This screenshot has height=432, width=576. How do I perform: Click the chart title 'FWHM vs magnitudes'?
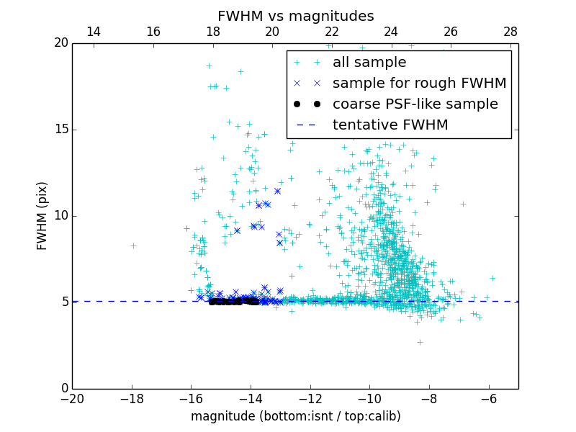(x=295, y=16)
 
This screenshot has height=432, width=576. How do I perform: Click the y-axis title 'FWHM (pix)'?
(x=42, y=215)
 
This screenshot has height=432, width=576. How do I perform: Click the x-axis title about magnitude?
(x=295, y=416)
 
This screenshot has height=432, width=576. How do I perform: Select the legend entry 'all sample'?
(x=369, y=63)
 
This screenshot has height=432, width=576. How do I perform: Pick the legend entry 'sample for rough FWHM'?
(x=419, y=84)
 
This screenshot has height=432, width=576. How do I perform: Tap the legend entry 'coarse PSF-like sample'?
(x=415, y=104)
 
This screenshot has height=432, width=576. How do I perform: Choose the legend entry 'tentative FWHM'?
(x=390, y=125)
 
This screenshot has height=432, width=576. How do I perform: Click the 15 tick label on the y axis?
(x=60, y=130)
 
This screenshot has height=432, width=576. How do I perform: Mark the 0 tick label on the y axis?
(x=64, y=389)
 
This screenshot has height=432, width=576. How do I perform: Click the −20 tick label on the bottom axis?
(x=72, y=398)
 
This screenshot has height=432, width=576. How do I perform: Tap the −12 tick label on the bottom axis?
(x=310, y=398)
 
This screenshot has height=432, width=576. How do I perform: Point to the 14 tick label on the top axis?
(x=94, y=32)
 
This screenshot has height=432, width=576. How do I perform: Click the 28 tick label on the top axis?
(x=510, y=32)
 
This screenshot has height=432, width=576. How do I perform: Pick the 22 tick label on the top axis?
(x=332, y=32)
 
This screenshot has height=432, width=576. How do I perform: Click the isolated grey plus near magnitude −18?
(x=133, y=246)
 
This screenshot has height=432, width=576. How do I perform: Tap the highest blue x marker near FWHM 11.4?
(x=277, y=191)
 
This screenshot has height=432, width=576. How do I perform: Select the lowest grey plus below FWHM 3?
(x=420, y=342)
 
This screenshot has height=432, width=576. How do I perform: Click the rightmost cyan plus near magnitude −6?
(x=492, y=278)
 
